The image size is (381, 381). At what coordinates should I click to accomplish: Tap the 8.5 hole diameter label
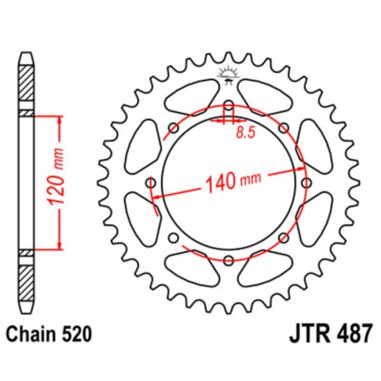(244, 132)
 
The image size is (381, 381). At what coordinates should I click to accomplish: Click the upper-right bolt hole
(282, 128)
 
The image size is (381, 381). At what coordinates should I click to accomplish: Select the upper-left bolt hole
(173, 128)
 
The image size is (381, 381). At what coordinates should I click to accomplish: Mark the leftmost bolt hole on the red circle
(150, 183)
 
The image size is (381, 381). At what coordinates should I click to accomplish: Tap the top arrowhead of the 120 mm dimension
(59, 118)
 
